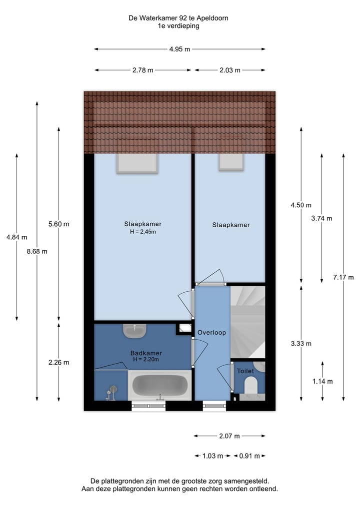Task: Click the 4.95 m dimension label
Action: tap(179, 49)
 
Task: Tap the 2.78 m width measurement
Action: tap(142, 70)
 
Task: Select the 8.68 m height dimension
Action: tap(37, 252)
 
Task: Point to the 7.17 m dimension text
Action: tap(343, 278)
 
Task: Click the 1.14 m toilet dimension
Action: tap(322, 381)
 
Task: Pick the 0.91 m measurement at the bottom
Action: tap(249, 456)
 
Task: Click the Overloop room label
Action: tap(211, 333)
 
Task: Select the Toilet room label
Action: tap(245, 371)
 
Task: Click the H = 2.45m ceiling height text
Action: tap(143, 232)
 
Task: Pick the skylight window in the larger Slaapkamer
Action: tap(137, 163)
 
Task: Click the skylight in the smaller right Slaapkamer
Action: tap(230, 162)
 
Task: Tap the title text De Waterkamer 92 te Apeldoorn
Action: tap(178, 18)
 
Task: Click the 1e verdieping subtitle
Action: tap(178, 26)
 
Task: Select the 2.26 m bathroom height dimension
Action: tap(59, 363)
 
